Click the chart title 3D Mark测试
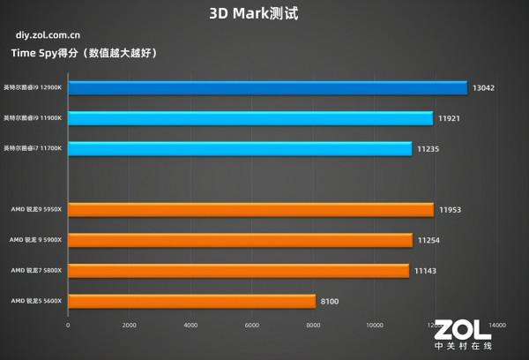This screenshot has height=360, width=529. [264, 14]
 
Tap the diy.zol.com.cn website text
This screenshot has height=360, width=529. [48, 36]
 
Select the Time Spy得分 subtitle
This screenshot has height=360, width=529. [84, 54]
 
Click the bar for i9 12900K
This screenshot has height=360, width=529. [267, 87]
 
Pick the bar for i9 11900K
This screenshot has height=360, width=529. [250, 118]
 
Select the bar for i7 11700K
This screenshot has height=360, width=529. [240, 148]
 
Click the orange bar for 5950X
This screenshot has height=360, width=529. [250, 209]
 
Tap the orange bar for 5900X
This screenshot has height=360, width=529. [240, 240]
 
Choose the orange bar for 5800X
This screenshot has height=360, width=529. [238, 270]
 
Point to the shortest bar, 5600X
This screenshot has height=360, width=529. [191, 301]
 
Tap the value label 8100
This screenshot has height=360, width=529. [330, 301]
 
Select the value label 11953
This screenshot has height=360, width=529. [451, 209]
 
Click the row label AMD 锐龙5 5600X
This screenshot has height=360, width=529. [36, 301]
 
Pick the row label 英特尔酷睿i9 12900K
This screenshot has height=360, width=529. [32, 87]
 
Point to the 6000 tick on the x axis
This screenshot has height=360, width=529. [251, 325]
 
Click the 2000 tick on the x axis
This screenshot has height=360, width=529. [129, 325]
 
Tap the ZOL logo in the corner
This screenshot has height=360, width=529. [461, 332]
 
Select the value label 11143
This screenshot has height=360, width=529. [426, 270]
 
